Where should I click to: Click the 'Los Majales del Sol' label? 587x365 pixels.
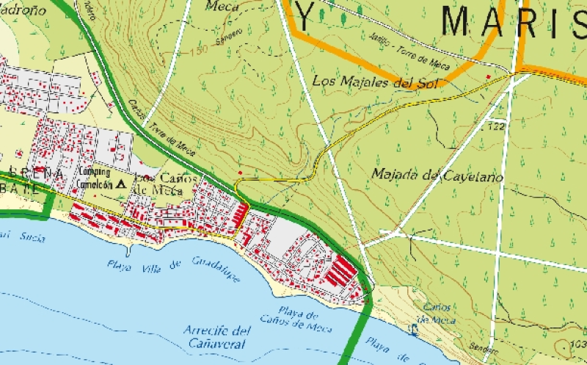coord(374,82)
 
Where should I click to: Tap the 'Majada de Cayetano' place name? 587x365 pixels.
coord(437,176)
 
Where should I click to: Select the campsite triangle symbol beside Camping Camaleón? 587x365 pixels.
coord(121,184)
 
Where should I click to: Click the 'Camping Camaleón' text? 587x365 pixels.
coord(94,178)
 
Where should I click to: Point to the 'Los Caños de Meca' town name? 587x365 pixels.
coord(158,184)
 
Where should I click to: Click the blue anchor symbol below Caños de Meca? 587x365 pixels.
coord(413,332)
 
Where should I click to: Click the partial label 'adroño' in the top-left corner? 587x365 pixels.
coord(23,10)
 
